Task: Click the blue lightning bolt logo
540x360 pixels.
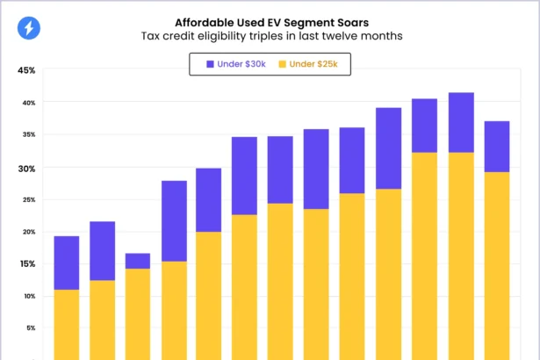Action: click(x=29, y=29)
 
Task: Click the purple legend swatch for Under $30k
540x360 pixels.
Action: click(x=210, y=64)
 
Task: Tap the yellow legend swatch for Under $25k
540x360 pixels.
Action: click(x=283, y=64)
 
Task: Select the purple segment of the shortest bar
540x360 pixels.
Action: click(x=138, y=261)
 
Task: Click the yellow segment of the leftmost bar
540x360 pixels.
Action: click(x=67, y=324)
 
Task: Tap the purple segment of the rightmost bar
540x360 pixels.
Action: click(x=497, y=146)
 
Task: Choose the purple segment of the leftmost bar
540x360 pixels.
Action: click(x=67, y=263)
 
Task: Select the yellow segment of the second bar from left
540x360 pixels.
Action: click(x=103, y=320)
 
